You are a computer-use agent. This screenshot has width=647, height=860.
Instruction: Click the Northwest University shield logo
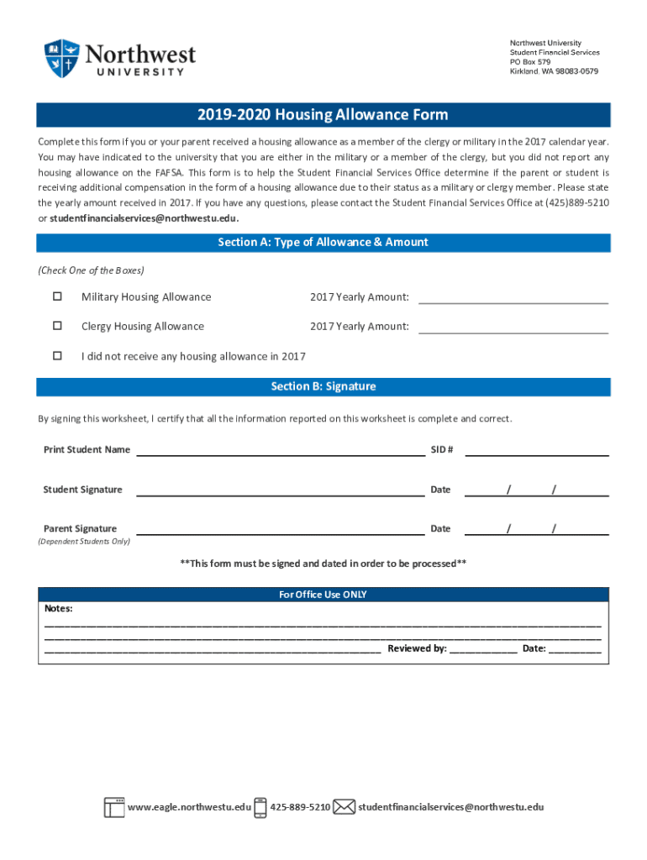(62, 58)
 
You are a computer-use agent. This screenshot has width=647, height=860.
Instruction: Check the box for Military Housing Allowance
(58, 296)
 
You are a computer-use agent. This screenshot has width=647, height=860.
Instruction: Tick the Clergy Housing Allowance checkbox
(58, 326)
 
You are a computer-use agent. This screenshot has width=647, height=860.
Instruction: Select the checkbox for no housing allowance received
(58, 356)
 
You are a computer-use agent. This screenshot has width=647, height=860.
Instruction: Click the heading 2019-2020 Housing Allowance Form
(323, 115)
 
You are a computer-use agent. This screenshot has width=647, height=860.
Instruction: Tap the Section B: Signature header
(323, 386)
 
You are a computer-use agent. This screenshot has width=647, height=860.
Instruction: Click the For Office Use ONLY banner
(323, 595)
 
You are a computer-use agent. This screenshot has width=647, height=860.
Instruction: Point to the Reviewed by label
(417, 648)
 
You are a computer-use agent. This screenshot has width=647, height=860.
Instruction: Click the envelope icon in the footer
(344, 807)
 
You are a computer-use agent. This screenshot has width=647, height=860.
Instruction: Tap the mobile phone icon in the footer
(260, 807)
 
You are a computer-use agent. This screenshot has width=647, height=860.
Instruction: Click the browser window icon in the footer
(114, 807)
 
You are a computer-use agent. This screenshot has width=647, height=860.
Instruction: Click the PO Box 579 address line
(530, 62)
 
